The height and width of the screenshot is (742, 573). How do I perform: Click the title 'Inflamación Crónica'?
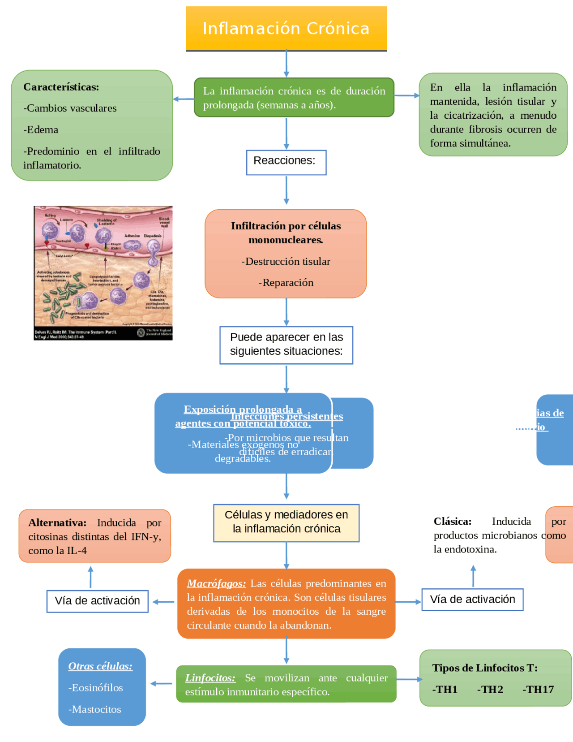point(286,28)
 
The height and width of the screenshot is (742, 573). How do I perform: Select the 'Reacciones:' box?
point(286,162)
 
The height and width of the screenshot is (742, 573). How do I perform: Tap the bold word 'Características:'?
point(61,87)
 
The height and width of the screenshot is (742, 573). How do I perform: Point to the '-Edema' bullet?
point(41,130)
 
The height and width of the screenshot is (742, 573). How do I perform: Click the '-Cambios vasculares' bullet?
point(70,108)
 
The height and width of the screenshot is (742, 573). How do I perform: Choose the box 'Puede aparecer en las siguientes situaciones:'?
point(286,345)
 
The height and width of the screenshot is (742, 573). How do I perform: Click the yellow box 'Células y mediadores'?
point(286,522)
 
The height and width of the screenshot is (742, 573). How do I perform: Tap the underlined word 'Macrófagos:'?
point(216,583)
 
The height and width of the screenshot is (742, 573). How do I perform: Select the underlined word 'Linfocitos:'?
point(210,678)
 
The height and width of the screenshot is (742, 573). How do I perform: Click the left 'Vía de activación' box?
point(97,601)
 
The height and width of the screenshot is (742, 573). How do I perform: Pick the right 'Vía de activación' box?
point(472,600)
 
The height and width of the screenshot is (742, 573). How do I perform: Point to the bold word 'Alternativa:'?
point(57,523)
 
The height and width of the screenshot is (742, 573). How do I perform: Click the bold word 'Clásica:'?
point(453,522)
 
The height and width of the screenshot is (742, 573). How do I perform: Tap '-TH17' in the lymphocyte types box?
point(538,690)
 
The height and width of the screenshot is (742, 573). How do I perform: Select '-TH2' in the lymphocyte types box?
point(490,690)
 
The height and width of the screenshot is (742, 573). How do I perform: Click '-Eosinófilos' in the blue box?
point(96,688)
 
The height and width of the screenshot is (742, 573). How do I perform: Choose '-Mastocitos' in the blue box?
point(95,709)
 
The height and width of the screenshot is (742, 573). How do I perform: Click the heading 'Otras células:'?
point(100,666)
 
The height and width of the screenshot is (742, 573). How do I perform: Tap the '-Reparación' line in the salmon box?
point(286,283)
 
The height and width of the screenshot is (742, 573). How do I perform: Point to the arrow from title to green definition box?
point(286,64)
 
